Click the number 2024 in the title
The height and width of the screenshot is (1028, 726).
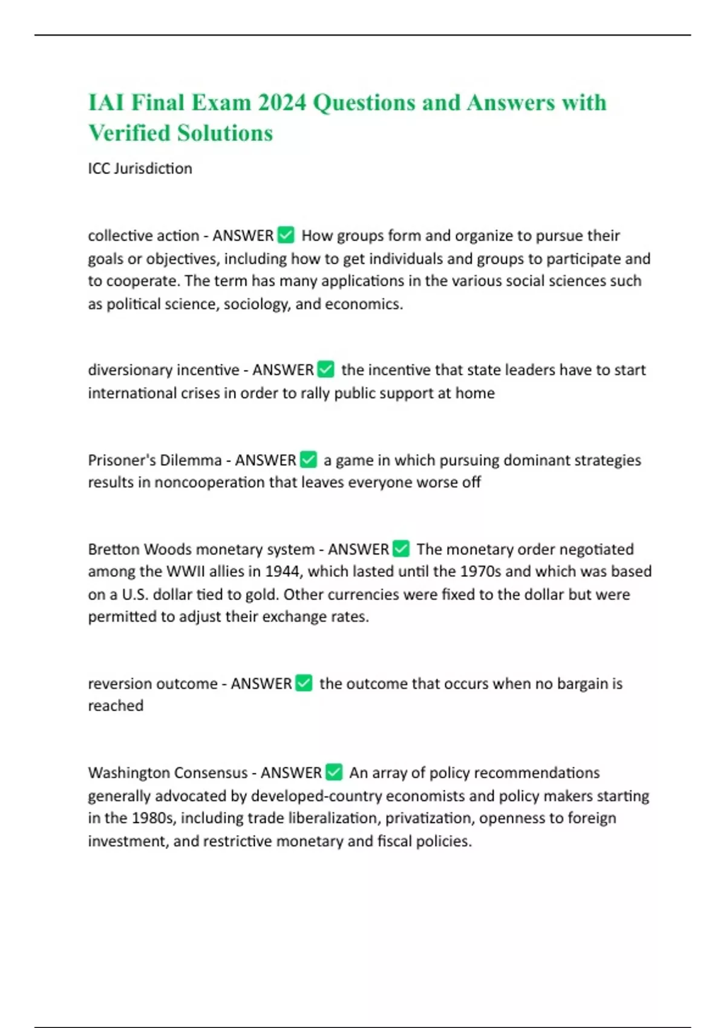pos(282,103)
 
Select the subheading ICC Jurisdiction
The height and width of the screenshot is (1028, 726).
pos(140,168)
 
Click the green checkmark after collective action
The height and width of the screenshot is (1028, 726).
pos(286,235)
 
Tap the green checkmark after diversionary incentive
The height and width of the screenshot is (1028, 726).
pos(325,369)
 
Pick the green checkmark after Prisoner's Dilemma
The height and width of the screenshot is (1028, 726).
pos(309,460)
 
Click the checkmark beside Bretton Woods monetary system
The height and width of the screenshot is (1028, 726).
pos(401,548)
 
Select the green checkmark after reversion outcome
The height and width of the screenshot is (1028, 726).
pos(304,683)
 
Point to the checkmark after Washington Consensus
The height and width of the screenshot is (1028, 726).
pos(334,772)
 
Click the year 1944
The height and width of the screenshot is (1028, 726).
pos(284,571)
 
